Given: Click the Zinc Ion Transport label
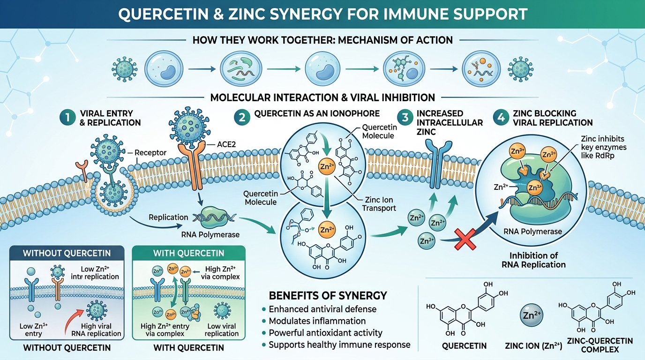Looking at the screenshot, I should pyautogui.click(x=380, y=204).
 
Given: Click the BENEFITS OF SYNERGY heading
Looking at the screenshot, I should pyautogui.click(x=328, y=296).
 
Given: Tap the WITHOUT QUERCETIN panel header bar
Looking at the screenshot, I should pyautogui.click(x=67, y=253).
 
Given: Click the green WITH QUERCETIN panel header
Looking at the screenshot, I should pyautogui.click(x=188, y=253).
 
